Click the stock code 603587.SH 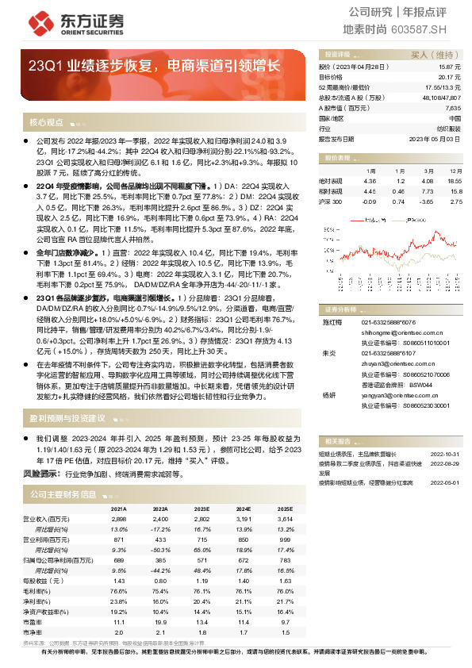(x=438, y=29)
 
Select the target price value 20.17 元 (x=449, y=78)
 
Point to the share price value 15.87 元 (x=449, y=68)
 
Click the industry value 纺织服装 (x=449, y=127)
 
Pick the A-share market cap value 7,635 (x=452, y=107)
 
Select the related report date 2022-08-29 (x=447, y=461)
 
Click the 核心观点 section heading (x=46, y=122)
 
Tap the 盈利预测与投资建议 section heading (x=67, y=417)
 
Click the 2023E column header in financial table (x=202, y=509)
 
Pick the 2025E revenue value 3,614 (x=284, y=518)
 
